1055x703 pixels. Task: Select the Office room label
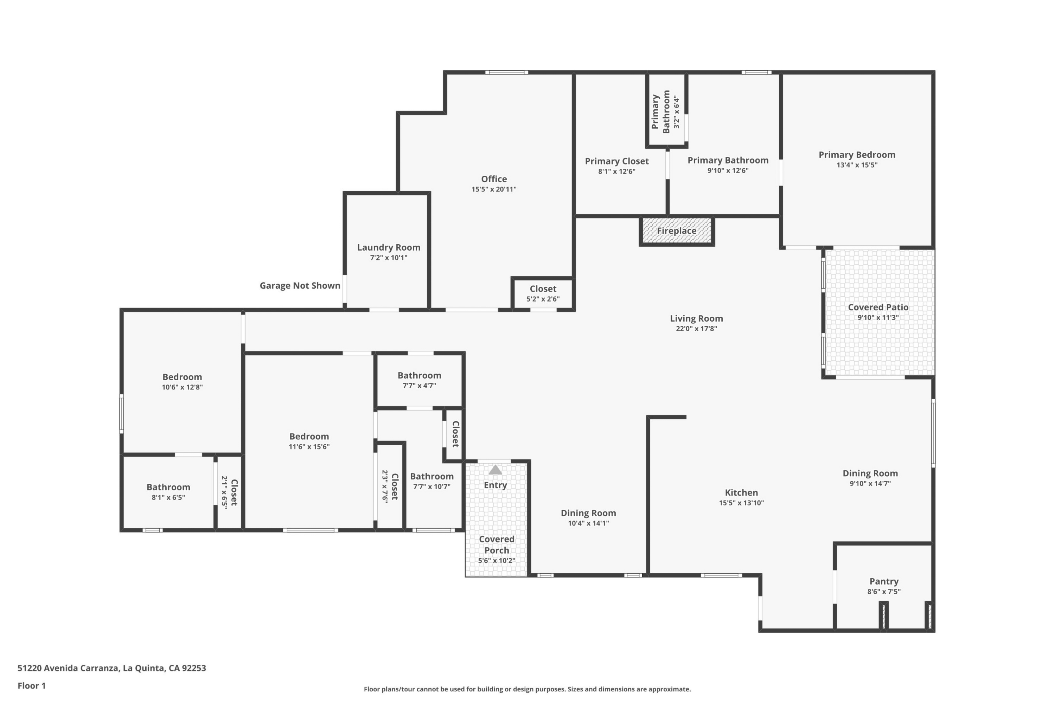pos(494,179)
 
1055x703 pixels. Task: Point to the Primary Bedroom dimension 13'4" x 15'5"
pos(857,165)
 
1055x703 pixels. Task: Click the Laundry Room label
pos(389,247)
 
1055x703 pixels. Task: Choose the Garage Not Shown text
pos(300,285)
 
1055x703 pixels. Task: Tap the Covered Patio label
pos(878,307)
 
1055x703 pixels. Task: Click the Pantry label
pos(884,581)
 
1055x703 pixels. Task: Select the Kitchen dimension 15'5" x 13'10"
pos(741,503)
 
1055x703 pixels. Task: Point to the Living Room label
pos(696,318)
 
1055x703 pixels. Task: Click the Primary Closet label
pos(616,161)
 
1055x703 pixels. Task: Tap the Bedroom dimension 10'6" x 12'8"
pos(182,387)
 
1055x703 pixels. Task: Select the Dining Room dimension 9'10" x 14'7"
pos(870,483)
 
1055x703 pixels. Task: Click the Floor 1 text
pos(31,685)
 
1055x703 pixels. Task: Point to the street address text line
pos(112,668)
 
